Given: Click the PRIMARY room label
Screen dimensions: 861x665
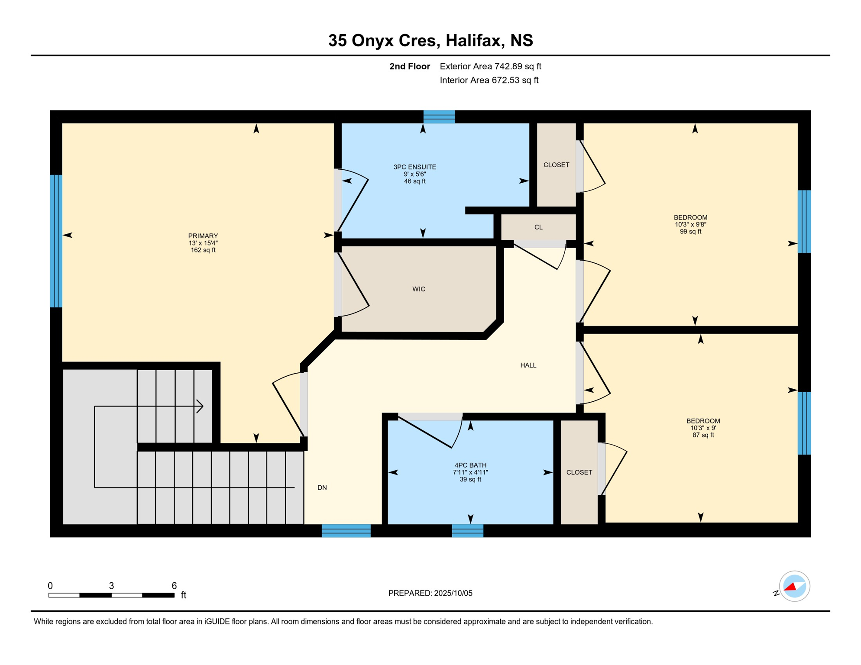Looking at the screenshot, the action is [x=203, y=236].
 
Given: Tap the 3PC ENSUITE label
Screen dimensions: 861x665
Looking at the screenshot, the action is [x=414, y=167].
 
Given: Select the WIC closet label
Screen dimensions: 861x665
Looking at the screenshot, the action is [x=418, y=289].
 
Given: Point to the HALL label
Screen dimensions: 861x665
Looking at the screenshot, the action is [x=528, y=365].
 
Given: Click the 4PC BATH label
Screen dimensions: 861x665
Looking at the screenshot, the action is [x=470, y=465].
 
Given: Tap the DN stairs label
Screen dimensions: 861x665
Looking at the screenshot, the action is [x=322, y=487].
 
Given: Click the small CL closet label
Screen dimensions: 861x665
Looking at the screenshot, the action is [x=538, y=227].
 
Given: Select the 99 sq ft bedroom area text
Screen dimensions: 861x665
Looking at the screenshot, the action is [x=690, y=232].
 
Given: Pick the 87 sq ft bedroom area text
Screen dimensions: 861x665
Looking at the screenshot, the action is [x=703, y=435].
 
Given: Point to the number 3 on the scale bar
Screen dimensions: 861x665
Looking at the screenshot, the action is [x=111, y=586].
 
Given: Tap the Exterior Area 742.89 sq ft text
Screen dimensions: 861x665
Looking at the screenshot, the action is [x=490, y=66].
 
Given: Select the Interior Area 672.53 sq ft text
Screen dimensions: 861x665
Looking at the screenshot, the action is [x=489, y=80].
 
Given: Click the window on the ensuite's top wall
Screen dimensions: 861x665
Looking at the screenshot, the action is [x=439, y=117].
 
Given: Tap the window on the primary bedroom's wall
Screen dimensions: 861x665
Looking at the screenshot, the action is [x=56, y=241].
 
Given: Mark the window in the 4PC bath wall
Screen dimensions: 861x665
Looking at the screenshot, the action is [x=467, y=531].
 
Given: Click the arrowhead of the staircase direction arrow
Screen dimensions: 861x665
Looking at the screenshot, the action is [x=200, y=406].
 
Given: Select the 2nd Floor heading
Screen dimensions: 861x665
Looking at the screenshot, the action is [x=409, y=66].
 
